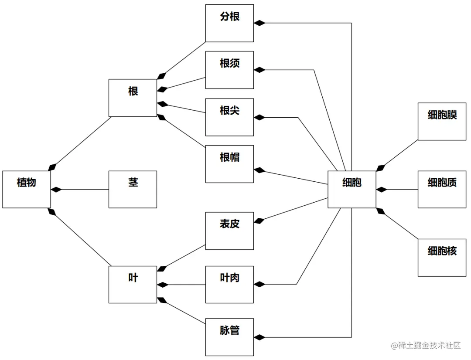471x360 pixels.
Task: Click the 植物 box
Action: coord(27,189)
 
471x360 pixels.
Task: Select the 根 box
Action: coord(133,98)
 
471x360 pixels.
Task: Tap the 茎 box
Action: coord(133,189)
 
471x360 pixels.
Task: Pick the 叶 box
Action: coord(133,284)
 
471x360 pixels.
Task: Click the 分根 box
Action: coord(229,23)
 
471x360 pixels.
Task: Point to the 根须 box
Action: coord(229,70)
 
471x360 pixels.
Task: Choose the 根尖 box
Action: coord(229,117)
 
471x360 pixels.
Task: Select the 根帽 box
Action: coord(229,163)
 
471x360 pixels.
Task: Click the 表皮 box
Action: coord(229,231)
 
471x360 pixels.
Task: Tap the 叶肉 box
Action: coord(229,284)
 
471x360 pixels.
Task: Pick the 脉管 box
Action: coord(229,337)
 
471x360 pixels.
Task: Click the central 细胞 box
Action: coord(352,189)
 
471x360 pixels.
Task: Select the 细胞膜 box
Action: coord(442,121)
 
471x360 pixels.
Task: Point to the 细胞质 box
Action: coord(442,189)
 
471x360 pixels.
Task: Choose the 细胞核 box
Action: coord(442,257)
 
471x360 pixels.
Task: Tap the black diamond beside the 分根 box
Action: coord(259,23)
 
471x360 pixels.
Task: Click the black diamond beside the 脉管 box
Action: coord(259,337)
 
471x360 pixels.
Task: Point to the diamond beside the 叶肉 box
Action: coord(259,284)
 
